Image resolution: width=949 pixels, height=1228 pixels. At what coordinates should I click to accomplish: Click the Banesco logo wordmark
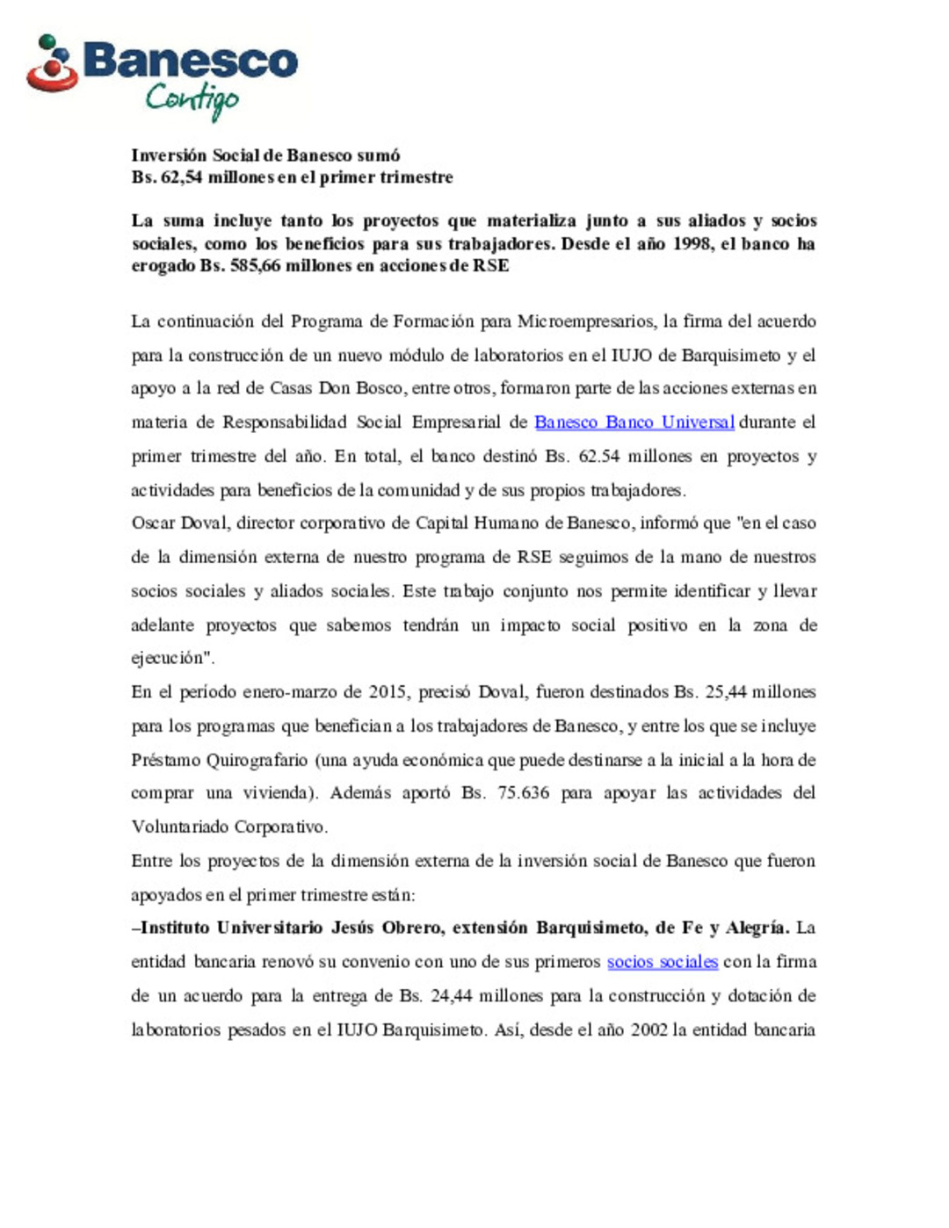(191, 61)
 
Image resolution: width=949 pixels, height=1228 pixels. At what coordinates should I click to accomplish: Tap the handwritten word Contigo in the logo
(192, 99)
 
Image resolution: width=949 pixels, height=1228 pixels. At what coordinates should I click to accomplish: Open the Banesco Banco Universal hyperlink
(634, 423)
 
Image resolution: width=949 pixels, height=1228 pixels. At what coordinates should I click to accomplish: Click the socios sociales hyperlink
(662, 962)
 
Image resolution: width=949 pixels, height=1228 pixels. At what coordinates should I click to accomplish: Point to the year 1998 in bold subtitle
(692, 243)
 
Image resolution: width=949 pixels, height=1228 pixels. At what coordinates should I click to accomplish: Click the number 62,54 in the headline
(181, 177)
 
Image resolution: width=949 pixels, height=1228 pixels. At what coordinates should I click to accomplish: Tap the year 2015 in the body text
(387, 692)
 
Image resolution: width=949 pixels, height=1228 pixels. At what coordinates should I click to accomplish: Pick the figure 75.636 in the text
(523, 793)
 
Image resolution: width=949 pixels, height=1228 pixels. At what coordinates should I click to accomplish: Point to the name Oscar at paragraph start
(153, 524)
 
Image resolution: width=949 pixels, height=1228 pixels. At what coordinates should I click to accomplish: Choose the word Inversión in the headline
(169, 155)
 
